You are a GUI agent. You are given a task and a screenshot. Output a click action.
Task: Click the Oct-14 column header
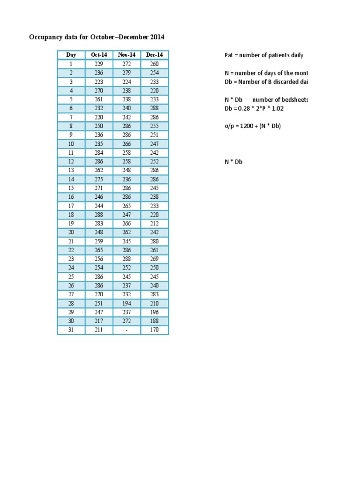point(99,55)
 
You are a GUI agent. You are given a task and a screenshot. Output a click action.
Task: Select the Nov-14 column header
point(127,55)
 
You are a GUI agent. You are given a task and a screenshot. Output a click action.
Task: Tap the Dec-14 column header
point(154,55)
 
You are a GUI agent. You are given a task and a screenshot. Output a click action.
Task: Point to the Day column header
point(71,55)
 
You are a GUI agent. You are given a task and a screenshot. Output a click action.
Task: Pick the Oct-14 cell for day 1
point(99,64)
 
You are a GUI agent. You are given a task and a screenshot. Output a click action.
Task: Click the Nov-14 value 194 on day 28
point(127,303)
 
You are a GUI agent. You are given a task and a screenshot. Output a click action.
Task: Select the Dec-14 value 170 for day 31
point(154,330)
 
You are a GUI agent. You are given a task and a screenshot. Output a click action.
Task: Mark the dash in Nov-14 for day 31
point(127,330)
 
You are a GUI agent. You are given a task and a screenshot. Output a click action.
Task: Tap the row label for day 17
point(71,206)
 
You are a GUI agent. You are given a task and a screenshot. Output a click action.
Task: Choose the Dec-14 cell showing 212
point(154,224)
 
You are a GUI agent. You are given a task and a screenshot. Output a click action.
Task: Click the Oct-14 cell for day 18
point(99,215)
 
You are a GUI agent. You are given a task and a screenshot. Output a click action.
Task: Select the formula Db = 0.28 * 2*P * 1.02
point(255,108)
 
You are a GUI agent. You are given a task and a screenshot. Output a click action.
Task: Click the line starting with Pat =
point(264,55)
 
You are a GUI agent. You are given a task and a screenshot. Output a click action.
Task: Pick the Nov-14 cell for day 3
point(127,82)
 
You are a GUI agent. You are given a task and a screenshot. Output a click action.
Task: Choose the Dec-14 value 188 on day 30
point(154,321)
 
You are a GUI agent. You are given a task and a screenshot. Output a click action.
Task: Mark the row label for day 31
point(71,330)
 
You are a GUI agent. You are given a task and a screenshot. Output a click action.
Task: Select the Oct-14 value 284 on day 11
point(99,152)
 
